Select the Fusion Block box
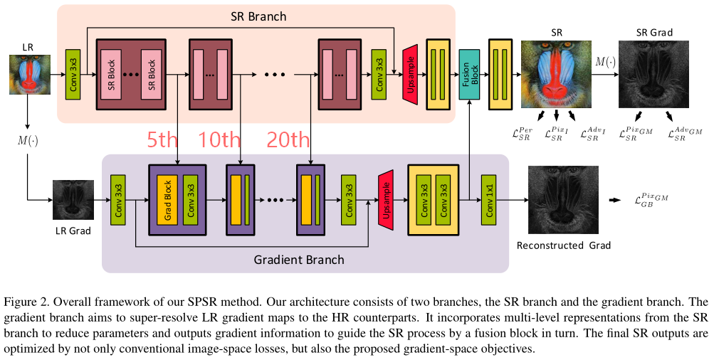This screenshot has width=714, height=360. click(x=470, y=73)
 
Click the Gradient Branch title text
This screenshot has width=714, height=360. click(x=299, y=260)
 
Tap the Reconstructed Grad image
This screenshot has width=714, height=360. click(x=564, y=200)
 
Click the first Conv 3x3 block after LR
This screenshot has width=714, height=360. click(x=73, y=74)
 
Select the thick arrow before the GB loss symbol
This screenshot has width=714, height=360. click(x=614, y=200)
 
